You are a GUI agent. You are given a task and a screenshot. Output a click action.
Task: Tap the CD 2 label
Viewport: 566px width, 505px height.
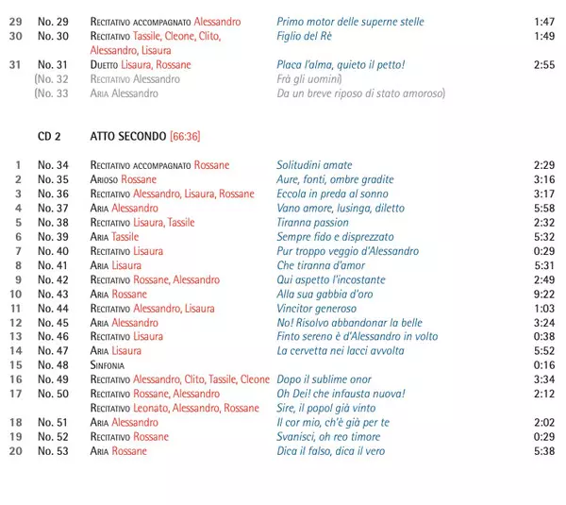click(x=50, y=136)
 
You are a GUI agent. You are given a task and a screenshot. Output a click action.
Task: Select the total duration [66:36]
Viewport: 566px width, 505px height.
click(x=185, y=136)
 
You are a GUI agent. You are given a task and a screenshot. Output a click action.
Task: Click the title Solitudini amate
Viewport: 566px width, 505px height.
click(x=314, y=165)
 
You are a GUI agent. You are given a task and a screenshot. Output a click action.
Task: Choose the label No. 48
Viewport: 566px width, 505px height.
click(x=53, y=364)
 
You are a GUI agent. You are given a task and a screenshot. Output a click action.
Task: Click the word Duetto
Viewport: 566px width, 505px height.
click(x=108, y=65)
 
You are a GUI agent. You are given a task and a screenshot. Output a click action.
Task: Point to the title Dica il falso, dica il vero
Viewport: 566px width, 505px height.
click(x=330, y=451)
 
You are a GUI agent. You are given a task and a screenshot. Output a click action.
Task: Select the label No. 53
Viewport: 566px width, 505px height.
click(x=53, y=451)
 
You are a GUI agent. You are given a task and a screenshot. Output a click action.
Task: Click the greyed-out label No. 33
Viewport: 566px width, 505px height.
click(x=52, y=93)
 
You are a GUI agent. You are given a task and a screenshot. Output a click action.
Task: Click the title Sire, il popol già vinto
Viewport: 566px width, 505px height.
click(x=326, y=408)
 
